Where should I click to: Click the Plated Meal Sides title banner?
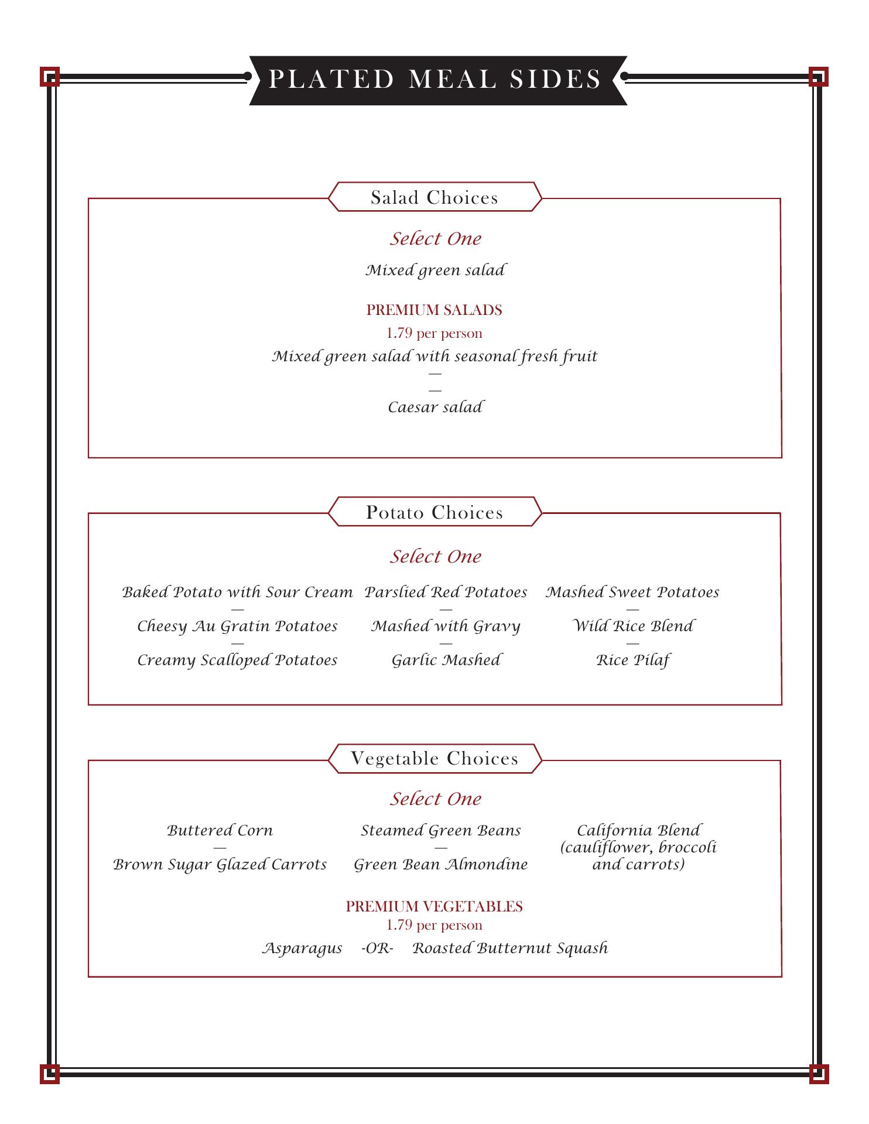435,80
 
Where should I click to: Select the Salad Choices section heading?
434,197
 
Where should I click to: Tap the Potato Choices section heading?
434,512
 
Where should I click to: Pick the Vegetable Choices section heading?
434,759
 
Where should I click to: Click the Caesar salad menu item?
435,407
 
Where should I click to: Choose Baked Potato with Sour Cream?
237,592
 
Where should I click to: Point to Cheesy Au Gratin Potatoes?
237,626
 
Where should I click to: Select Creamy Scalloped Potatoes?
237,660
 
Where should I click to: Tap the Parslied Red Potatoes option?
446,592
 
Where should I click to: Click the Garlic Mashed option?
446,660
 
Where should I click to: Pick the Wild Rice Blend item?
632,626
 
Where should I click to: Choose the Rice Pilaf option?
632,660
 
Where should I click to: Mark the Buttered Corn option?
220,831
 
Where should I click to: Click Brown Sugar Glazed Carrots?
220,865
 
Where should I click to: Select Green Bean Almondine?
440,865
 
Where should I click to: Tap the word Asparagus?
302,948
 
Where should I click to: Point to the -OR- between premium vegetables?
377,948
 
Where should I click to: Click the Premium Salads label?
434,310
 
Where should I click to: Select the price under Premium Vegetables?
434,926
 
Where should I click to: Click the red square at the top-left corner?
50,77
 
